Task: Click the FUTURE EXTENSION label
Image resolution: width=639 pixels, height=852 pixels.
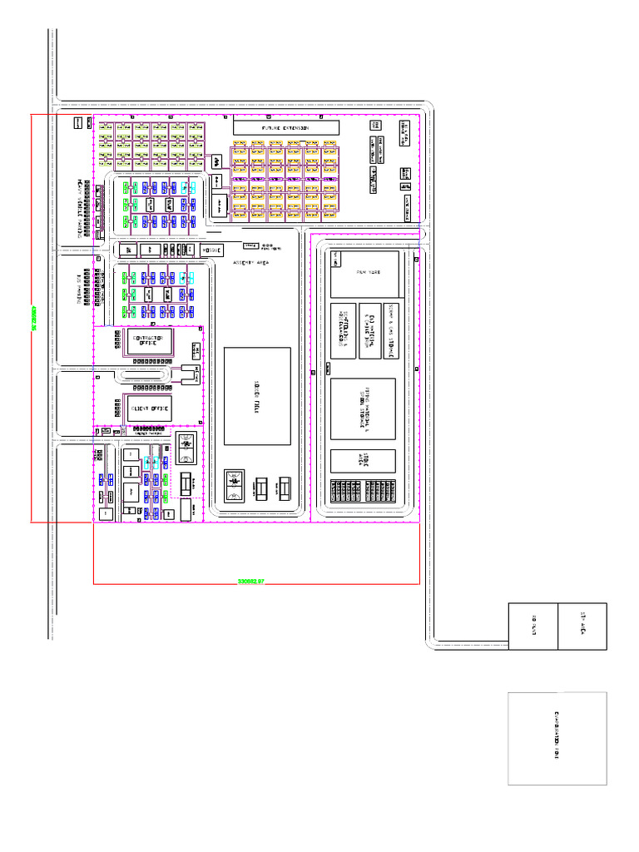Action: point(285,128)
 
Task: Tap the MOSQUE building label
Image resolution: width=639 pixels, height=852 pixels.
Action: point(211,249)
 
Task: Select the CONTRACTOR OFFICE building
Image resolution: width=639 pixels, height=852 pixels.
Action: point(150,341)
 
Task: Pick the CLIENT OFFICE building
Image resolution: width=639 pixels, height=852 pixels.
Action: point(150,409)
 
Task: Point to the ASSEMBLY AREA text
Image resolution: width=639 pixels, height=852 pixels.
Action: point(250,264)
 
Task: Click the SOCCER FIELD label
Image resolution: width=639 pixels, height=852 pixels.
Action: point(256,396)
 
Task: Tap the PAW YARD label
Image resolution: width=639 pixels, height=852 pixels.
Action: point(366,272)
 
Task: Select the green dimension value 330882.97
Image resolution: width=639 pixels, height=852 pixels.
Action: point(250,581)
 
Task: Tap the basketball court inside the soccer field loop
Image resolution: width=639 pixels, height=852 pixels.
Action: point(234,484)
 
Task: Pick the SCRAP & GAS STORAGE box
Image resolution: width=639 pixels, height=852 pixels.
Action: point(392,330)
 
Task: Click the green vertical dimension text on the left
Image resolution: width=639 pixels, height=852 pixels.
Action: point(33,316)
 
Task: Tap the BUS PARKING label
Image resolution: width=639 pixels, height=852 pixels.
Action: point(82,288)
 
